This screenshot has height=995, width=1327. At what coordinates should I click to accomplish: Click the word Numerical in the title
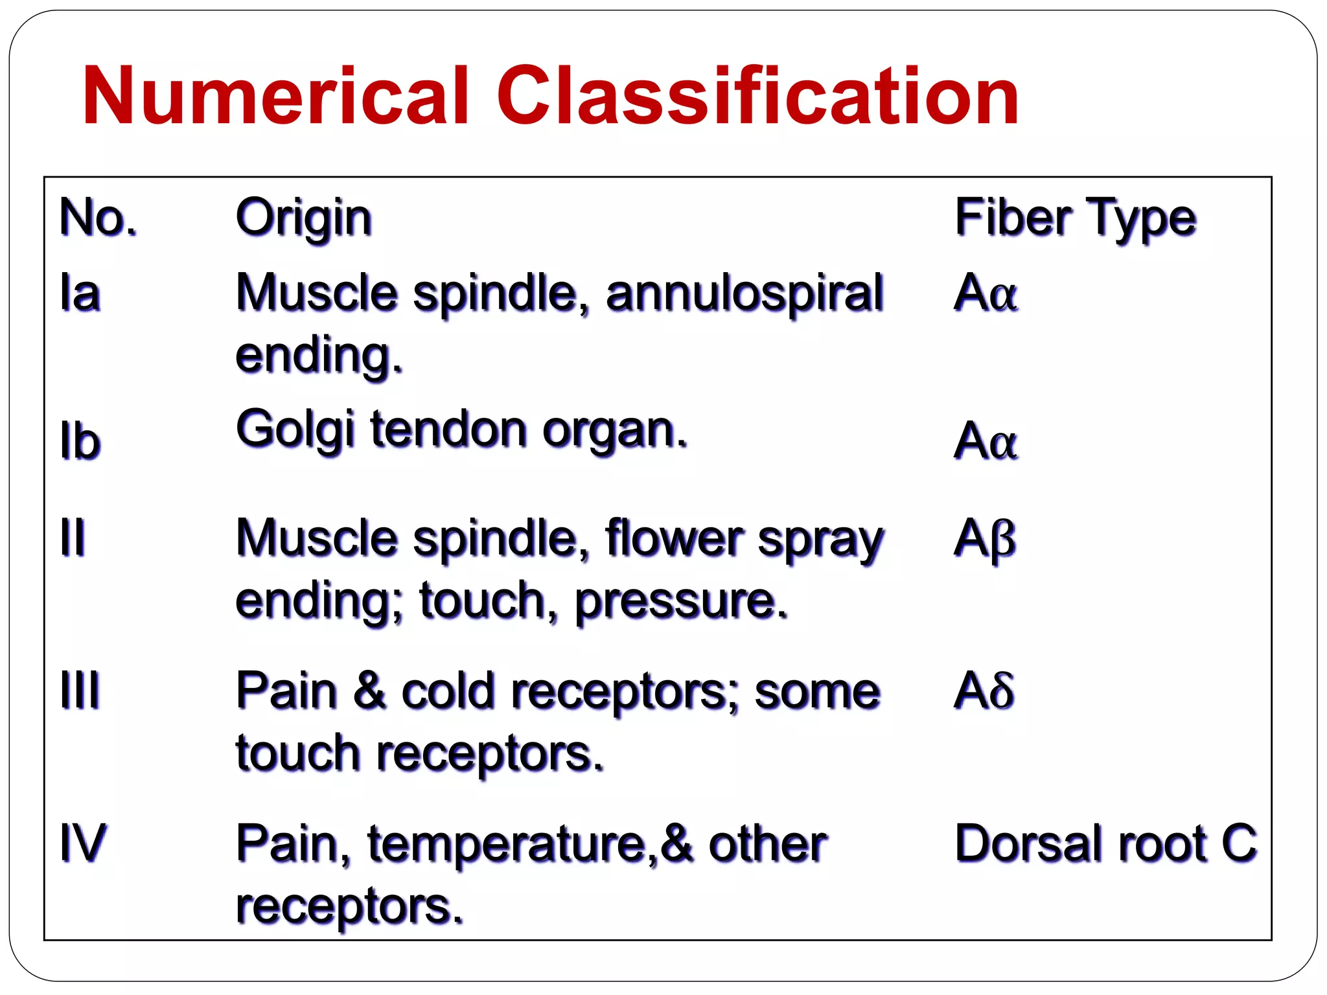pyautogui.click(x=275, y=96)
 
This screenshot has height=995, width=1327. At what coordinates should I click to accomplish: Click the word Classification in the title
pyautogui.click(x=758, y=96)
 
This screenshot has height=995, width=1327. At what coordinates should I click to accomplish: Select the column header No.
pyautogui.click(x=98, y=218)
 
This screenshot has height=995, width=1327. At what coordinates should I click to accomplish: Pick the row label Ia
pyautogui.click(x=80, y=293)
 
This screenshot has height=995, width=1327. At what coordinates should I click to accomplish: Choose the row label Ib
pyautogui.click(x=80, y=441)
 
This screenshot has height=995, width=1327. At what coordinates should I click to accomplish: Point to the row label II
pyautogui.click(x=72, y=537)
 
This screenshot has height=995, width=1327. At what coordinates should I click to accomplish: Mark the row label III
pyautogui.click(x=80, y=690)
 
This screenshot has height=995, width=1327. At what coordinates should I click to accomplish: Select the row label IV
pyautogui.click(x=82, y=843)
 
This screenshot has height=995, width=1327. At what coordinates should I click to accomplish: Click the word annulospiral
pyautogui.click(x=744, y=293)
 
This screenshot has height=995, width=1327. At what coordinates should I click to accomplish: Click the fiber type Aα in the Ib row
pyautogui.click(x=985, y=441)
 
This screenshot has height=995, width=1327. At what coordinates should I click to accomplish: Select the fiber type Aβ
pyautogui.click(x=985, y=538)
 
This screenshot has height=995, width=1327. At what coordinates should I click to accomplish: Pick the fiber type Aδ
pyautogui.click(x=984, y=690)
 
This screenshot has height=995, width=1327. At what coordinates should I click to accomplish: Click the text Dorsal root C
pyautogui.click(x=1105, y=843)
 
